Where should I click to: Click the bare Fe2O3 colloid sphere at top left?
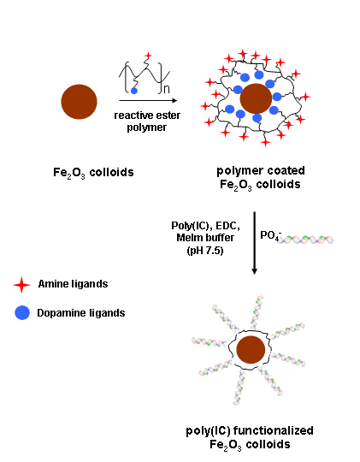[79, 102]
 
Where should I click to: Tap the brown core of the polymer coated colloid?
[256, 98]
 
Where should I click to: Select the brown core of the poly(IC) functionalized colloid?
[251, 350]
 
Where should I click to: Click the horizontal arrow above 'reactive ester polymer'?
[148, 100]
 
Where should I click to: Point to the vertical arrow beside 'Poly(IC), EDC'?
[255, 243]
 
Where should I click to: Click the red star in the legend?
[21, 285]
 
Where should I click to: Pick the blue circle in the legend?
[22, 312]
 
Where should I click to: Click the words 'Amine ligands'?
[73, 284]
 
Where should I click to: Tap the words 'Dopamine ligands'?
[81, 313]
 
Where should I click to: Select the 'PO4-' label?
[271, 235]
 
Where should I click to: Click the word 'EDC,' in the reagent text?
[228, 226]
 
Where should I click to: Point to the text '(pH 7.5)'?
[205, 251]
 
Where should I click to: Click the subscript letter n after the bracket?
[167, 89]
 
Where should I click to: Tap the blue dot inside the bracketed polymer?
[134, 91]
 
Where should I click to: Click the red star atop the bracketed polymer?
[148, 56]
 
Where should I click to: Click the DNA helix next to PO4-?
[306, 240]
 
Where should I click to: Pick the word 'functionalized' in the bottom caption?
[274, 430]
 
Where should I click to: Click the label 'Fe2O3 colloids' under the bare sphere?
[93, 173]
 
